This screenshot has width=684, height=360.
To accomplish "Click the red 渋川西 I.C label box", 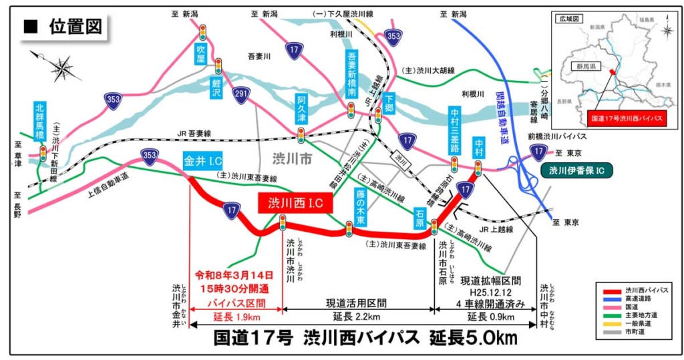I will tap(295, 204).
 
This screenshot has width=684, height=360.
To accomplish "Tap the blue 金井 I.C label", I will tap(202, 161).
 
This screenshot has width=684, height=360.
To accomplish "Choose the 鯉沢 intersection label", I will tap(217, 86).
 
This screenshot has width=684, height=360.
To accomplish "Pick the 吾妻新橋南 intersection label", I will tap(352, 74).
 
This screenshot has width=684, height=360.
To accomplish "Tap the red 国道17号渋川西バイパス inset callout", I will tap(625, 119).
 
